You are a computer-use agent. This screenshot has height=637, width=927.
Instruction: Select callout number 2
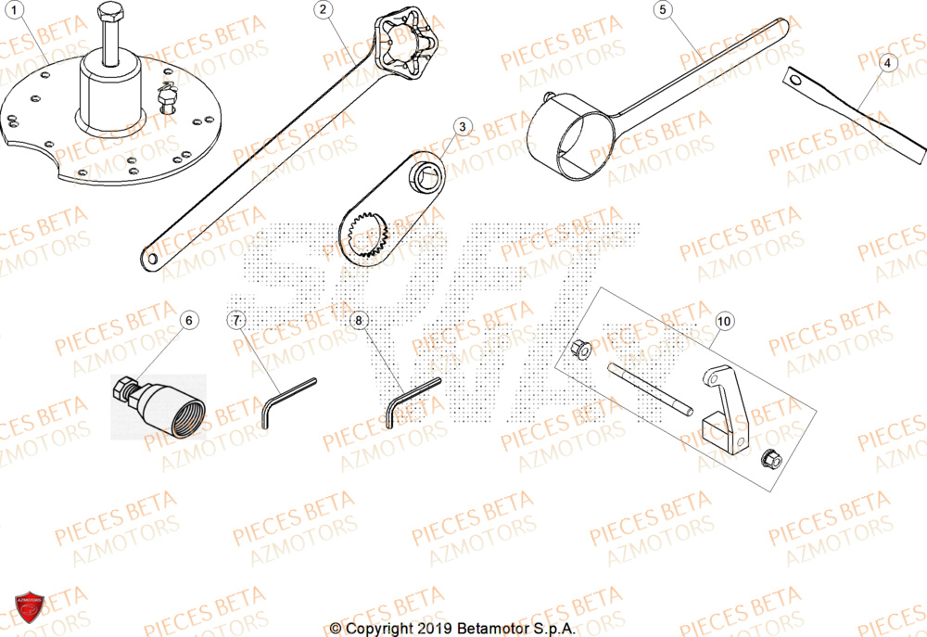(x=323, y=10)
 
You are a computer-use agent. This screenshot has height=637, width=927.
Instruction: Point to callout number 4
(x=887, y=63)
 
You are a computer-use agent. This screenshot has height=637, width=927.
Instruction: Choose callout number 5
(x=663, y=10)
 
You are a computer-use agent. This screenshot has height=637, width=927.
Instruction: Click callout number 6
(x=189, y=320)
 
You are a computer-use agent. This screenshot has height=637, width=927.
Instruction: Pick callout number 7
(x=236, y=320)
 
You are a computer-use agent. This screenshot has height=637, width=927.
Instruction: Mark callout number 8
(x=361, y=320)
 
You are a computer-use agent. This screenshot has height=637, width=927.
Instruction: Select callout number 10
(x=724, y=321)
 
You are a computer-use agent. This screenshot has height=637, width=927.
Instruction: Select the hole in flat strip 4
(x=794, y=81)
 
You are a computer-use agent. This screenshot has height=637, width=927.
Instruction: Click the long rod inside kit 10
(x=649, y=389)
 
